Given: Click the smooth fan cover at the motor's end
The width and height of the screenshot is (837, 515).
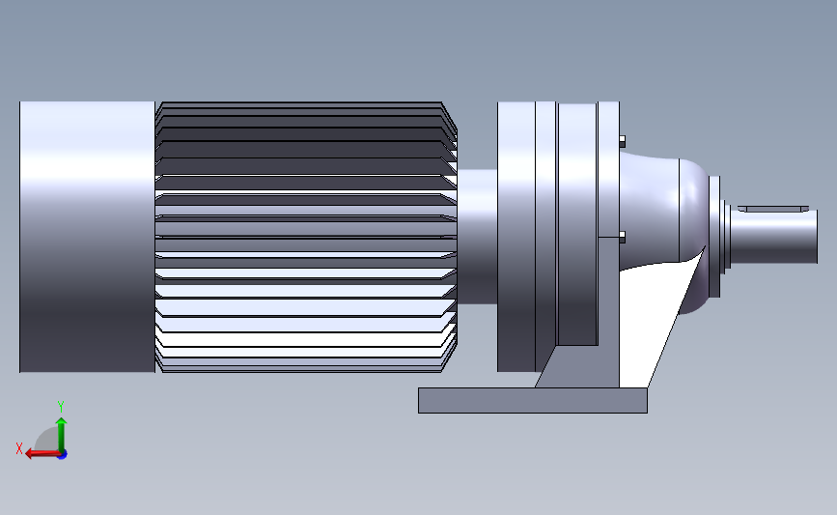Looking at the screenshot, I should click(87, 236).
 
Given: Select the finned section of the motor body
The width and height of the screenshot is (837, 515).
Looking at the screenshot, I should click(299, 236).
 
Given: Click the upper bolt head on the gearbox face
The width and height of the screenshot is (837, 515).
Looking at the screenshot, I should click(620, 142).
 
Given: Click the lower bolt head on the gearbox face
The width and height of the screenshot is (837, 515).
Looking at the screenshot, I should click(620, 236).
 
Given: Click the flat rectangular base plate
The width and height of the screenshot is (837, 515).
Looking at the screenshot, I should click(532, 400).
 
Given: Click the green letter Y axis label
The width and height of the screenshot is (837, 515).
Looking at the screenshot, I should click(61, 407).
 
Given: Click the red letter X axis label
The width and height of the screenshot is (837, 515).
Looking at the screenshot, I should click(18, 448).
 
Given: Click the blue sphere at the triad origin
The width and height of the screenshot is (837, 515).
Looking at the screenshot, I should click(62, 453).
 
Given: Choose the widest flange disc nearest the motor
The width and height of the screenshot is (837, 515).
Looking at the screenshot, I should click(516, 236).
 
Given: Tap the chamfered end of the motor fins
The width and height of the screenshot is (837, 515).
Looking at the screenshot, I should click(449, 236).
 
